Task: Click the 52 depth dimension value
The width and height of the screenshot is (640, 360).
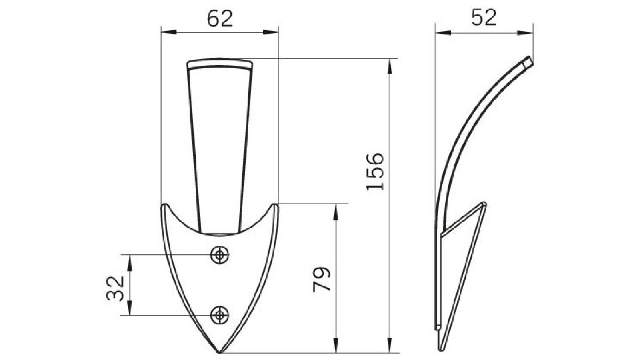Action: [484, 18]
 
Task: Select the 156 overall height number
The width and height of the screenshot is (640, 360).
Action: [375, 171]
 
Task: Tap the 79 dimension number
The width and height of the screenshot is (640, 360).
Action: [322, 279]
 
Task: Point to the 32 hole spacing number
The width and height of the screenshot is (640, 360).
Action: [115, 288]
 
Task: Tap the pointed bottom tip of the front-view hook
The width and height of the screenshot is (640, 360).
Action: [220, 353]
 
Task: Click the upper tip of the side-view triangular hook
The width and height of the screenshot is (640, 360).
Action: [484, 204]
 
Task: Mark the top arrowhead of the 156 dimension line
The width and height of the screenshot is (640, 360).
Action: [389, 64]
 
